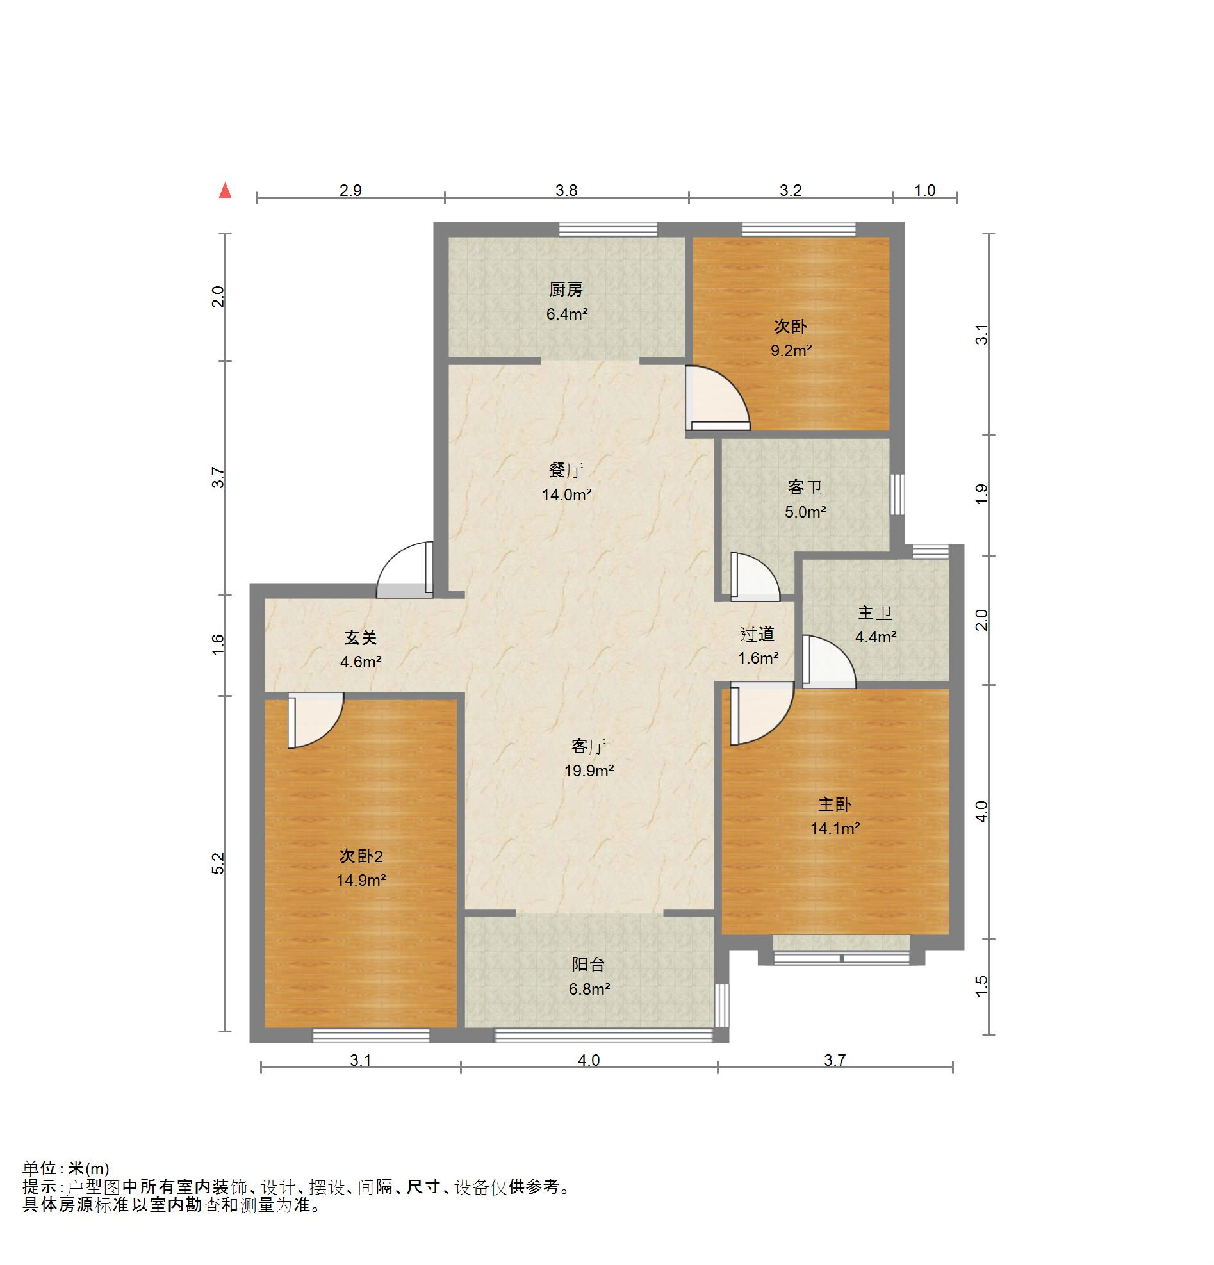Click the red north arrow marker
point(225,190)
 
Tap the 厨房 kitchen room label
point(566,290)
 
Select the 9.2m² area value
point(791,351)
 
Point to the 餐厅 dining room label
point(566,471)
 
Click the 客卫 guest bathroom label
point(805,487)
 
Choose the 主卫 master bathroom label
point(875,612)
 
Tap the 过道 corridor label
point(757,635)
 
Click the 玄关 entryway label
point(360,638)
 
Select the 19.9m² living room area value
point(589,771)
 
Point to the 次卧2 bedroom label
point(361,856)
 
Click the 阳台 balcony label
point(589,965)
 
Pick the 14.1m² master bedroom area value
point(835,829)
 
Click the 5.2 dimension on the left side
point(219,863)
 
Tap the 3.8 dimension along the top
point(566,190)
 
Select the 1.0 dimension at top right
point(925,190)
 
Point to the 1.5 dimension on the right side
point(981,986)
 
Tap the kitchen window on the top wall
point(608,229)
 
